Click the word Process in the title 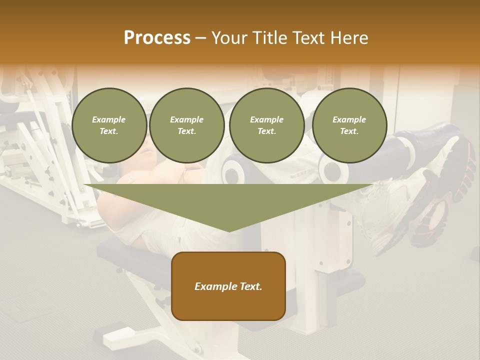click(157, 37)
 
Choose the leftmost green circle click(109, 125)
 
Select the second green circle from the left click(187, 125)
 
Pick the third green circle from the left click(267, 125)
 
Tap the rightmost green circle click(349, 125)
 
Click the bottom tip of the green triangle click(229, 231)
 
